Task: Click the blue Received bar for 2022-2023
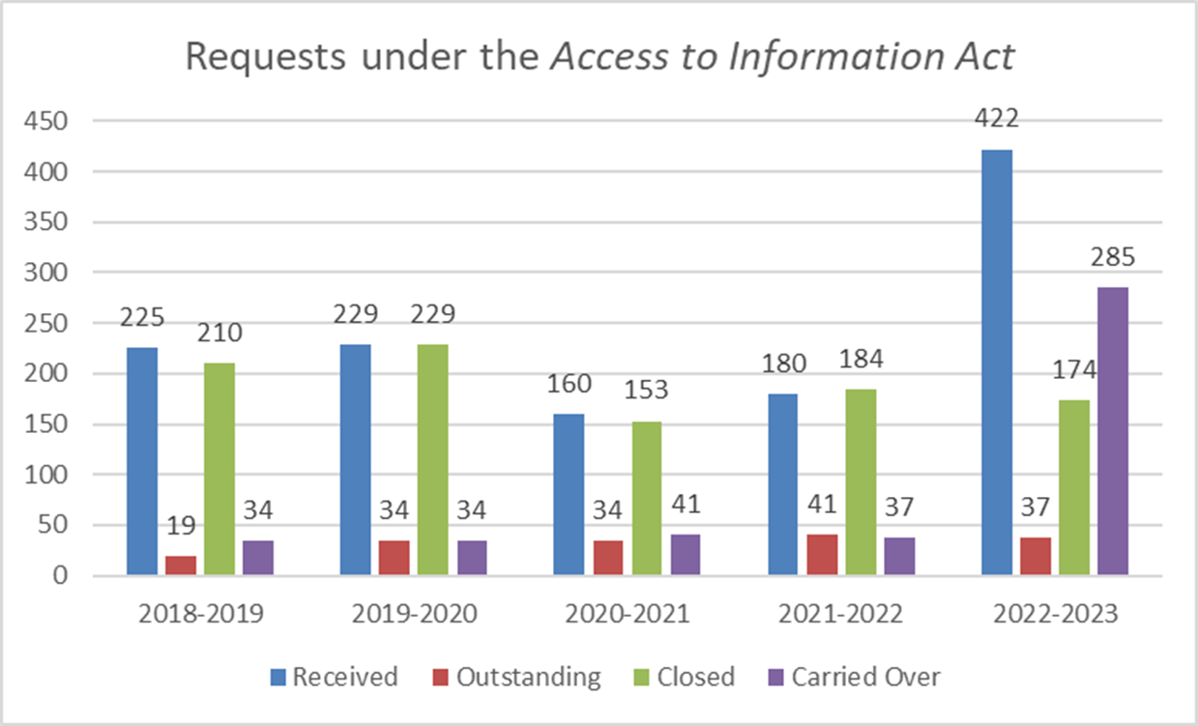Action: (x=997, y=363)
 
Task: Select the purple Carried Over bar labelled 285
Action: (x=1112, y=431)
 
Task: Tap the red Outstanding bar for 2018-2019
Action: (x=181, y=566)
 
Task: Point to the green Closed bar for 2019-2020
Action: (x=432, y=459)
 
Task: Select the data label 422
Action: (x=997, y=120)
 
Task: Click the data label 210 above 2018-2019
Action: (x=219, y=334)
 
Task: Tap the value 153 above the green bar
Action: (x=646, y=392)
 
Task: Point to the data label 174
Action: (x=1073, y=370)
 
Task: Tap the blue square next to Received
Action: (x=279, y=678)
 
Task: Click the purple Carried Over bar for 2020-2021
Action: (x=685, y=555)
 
